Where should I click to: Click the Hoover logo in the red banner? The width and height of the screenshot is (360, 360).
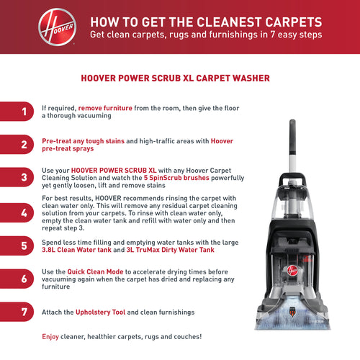(x=58, y=27)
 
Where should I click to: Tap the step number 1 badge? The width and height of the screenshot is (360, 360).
(x=17, y=112)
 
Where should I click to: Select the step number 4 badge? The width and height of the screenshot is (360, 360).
(x=17, y=212)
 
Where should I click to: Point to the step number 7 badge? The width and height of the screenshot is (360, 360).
(x=17, y=312)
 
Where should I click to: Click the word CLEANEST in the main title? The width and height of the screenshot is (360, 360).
(x=215, y=22)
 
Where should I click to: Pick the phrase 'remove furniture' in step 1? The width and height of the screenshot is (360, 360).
(x=105, y=108)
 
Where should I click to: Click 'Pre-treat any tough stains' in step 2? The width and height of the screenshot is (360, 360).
(x=83, y=141)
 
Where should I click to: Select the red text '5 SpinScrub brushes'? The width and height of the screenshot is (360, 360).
(x=176, y=178)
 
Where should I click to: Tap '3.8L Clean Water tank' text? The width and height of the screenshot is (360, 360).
(x=76, y=250)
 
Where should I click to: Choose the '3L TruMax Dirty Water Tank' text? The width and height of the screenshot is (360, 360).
(x=170, y=250)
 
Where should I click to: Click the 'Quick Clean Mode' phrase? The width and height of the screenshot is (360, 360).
(x=95, y=271)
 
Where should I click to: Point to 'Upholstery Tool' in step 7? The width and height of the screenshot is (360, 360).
(x=100, y=312)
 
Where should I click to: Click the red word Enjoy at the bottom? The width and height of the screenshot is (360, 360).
(x=50, y=337)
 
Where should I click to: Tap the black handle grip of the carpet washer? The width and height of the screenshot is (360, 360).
(x=292, y=137)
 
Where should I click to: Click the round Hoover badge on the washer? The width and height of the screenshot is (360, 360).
(x=292, y=271)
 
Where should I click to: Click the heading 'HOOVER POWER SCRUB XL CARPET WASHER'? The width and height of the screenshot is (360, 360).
(x=175, y=78)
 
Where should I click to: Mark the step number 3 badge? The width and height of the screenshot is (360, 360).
(x=17, y=177)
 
